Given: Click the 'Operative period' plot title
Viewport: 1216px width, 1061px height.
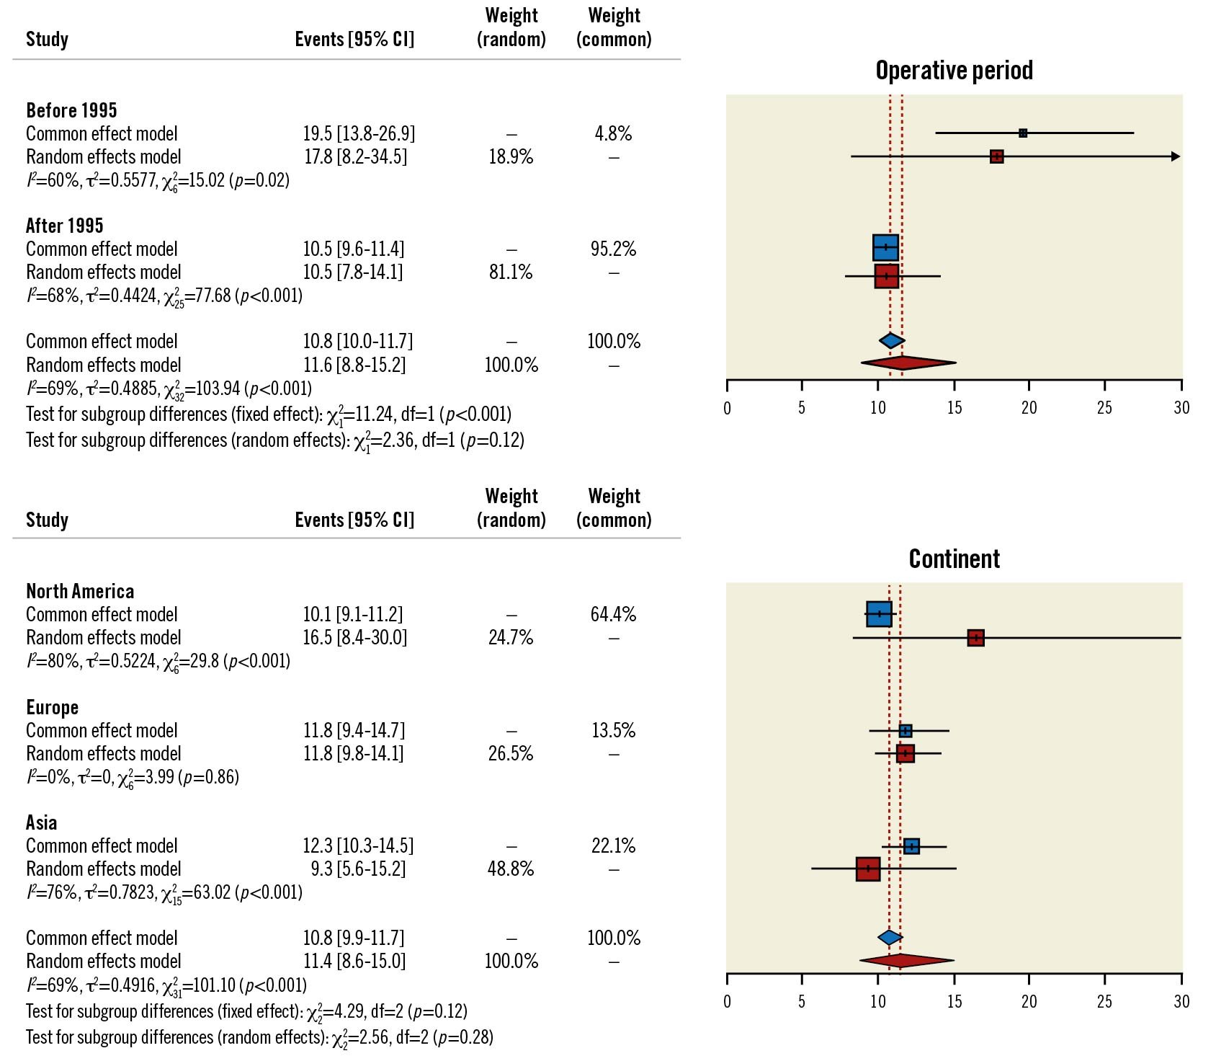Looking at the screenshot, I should click(x=954, y=70).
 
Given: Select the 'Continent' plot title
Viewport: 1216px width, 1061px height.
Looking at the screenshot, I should click(x=954, y=559).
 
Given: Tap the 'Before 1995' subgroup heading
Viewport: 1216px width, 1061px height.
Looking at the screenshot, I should click(x=71, y=110).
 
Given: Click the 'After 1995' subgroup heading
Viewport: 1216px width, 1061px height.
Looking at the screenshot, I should click(x=65, y=226).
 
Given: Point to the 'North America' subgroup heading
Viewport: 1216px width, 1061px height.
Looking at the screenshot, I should click(x=80, y=591).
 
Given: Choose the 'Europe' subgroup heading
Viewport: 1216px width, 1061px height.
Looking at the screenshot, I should click(x=52, y=707).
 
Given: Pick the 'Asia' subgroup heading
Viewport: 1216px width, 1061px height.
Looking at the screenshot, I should click(x=41, y=822).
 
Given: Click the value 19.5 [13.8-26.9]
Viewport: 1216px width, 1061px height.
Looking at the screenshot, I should click(x=359, y=133).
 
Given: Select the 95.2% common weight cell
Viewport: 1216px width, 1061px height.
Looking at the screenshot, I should click(x=613, y=249).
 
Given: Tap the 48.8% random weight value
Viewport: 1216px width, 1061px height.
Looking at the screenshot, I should click(x=511, y=869).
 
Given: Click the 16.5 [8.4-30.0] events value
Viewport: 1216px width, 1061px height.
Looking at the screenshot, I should click(x=354, y=637).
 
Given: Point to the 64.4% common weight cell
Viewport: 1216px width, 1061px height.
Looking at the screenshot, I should click(x=613, y=614).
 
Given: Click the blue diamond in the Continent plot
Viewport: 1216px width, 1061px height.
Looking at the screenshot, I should click(x=890, y=937).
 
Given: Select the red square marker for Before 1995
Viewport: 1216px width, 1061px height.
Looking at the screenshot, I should click(x=996, y=156).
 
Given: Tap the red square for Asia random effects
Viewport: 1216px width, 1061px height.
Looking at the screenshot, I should click(x=868, y=869).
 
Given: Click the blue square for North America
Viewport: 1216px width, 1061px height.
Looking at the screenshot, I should click(x=879, y=614).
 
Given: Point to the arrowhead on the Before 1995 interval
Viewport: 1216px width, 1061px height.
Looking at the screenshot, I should click(x=1176, y=156).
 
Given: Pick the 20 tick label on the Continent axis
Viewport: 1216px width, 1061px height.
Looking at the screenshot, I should click(x=1029, y=1001).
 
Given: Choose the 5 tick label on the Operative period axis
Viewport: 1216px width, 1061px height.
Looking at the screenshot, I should click(x=802, y=408).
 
